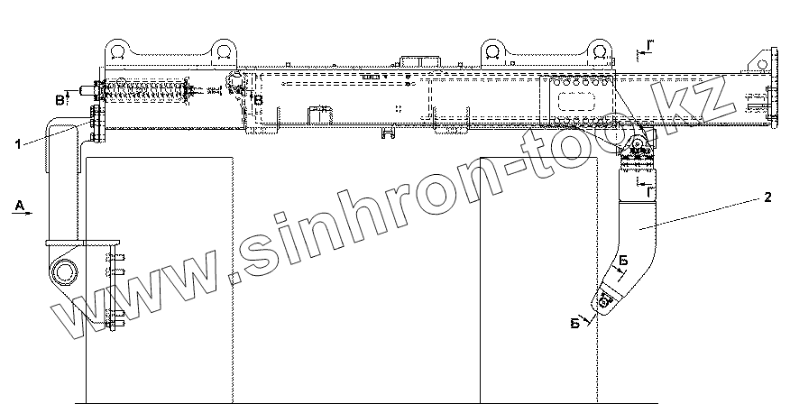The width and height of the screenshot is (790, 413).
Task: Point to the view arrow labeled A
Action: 19,206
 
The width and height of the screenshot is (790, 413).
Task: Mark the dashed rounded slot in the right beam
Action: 575,100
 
